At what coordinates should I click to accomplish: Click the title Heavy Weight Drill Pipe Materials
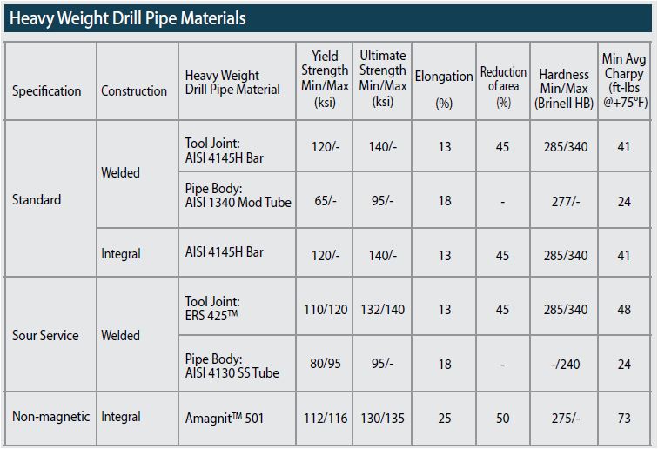[x=128, y=17]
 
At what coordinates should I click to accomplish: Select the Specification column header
[x=47, y=90]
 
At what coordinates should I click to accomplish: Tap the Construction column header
[x=134, y=90]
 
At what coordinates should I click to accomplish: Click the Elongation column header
[x=444, y=77]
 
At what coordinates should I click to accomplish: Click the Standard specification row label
[x=37, y=199]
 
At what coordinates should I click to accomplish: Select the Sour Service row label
[x=45, y=335]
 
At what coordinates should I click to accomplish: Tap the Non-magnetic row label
[x=50, y=416]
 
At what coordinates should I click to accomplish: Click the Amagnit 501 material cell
[x=224, y=419]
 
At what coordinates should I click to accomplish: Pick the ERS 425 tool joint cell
[x=218, y=309]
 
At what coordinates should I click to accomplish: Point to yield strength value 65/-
[x=325, y=201]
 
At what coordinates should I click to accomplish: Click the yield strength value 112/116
[x=325, y=419]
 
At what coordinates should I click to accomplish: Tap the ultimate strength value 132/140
[x=382, y=309]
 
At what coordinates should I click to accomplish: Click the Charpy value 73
[x=623, y=419]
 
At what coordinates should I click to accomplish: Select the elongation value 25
[x=444, y=419]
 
